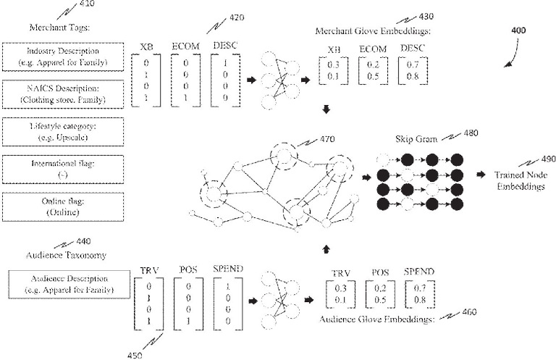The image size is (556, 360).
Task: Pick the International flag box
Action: pyautogui.click(x=64, y=169)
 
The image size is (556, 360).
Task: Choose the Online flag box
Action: pyautogui.click(x=64, y=207)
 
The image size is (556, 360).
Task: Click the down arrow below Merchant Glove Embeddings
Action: pyautogui.click(x=325, y=109)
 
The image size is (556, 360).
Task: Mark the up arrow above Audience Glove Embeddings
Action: pyautogui.click(x=325, y=249)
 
